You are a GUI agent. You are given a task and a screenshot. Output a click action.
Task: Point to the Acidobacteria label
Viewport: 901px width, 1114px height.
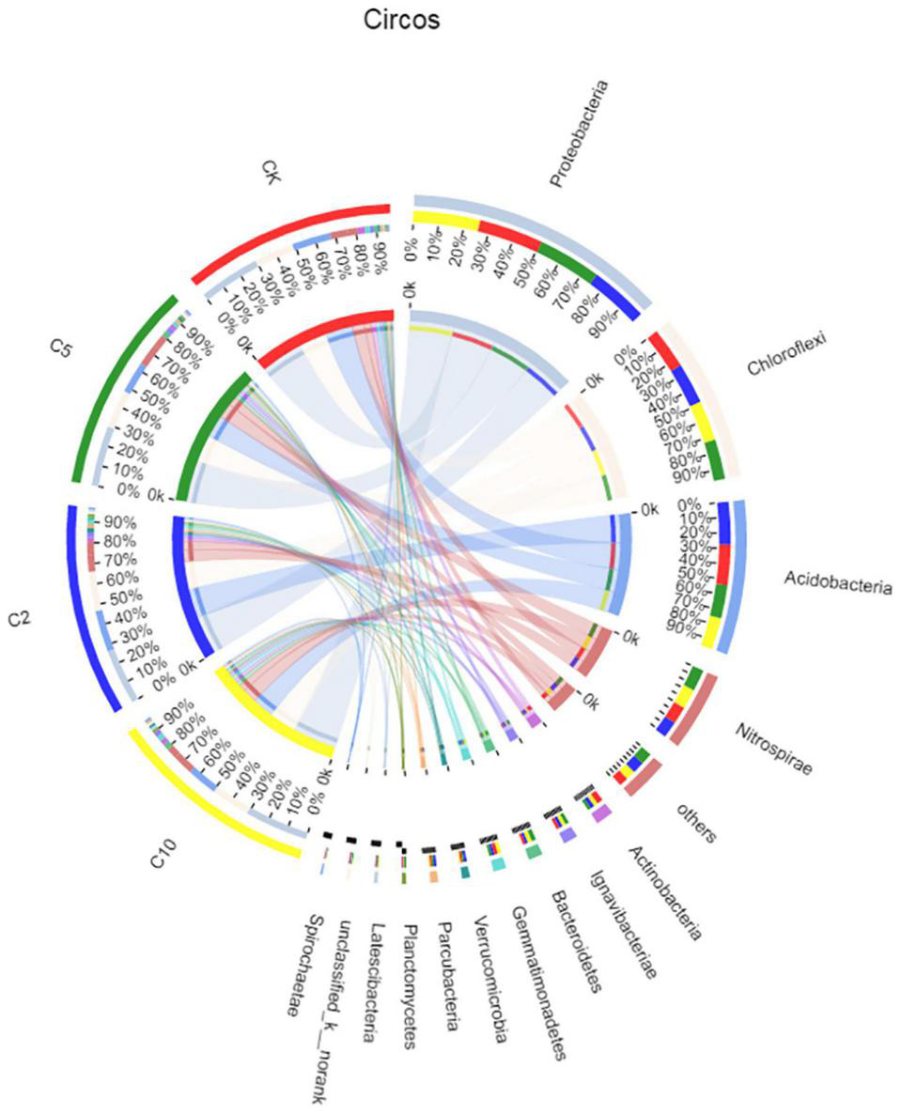click(837, 581)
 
